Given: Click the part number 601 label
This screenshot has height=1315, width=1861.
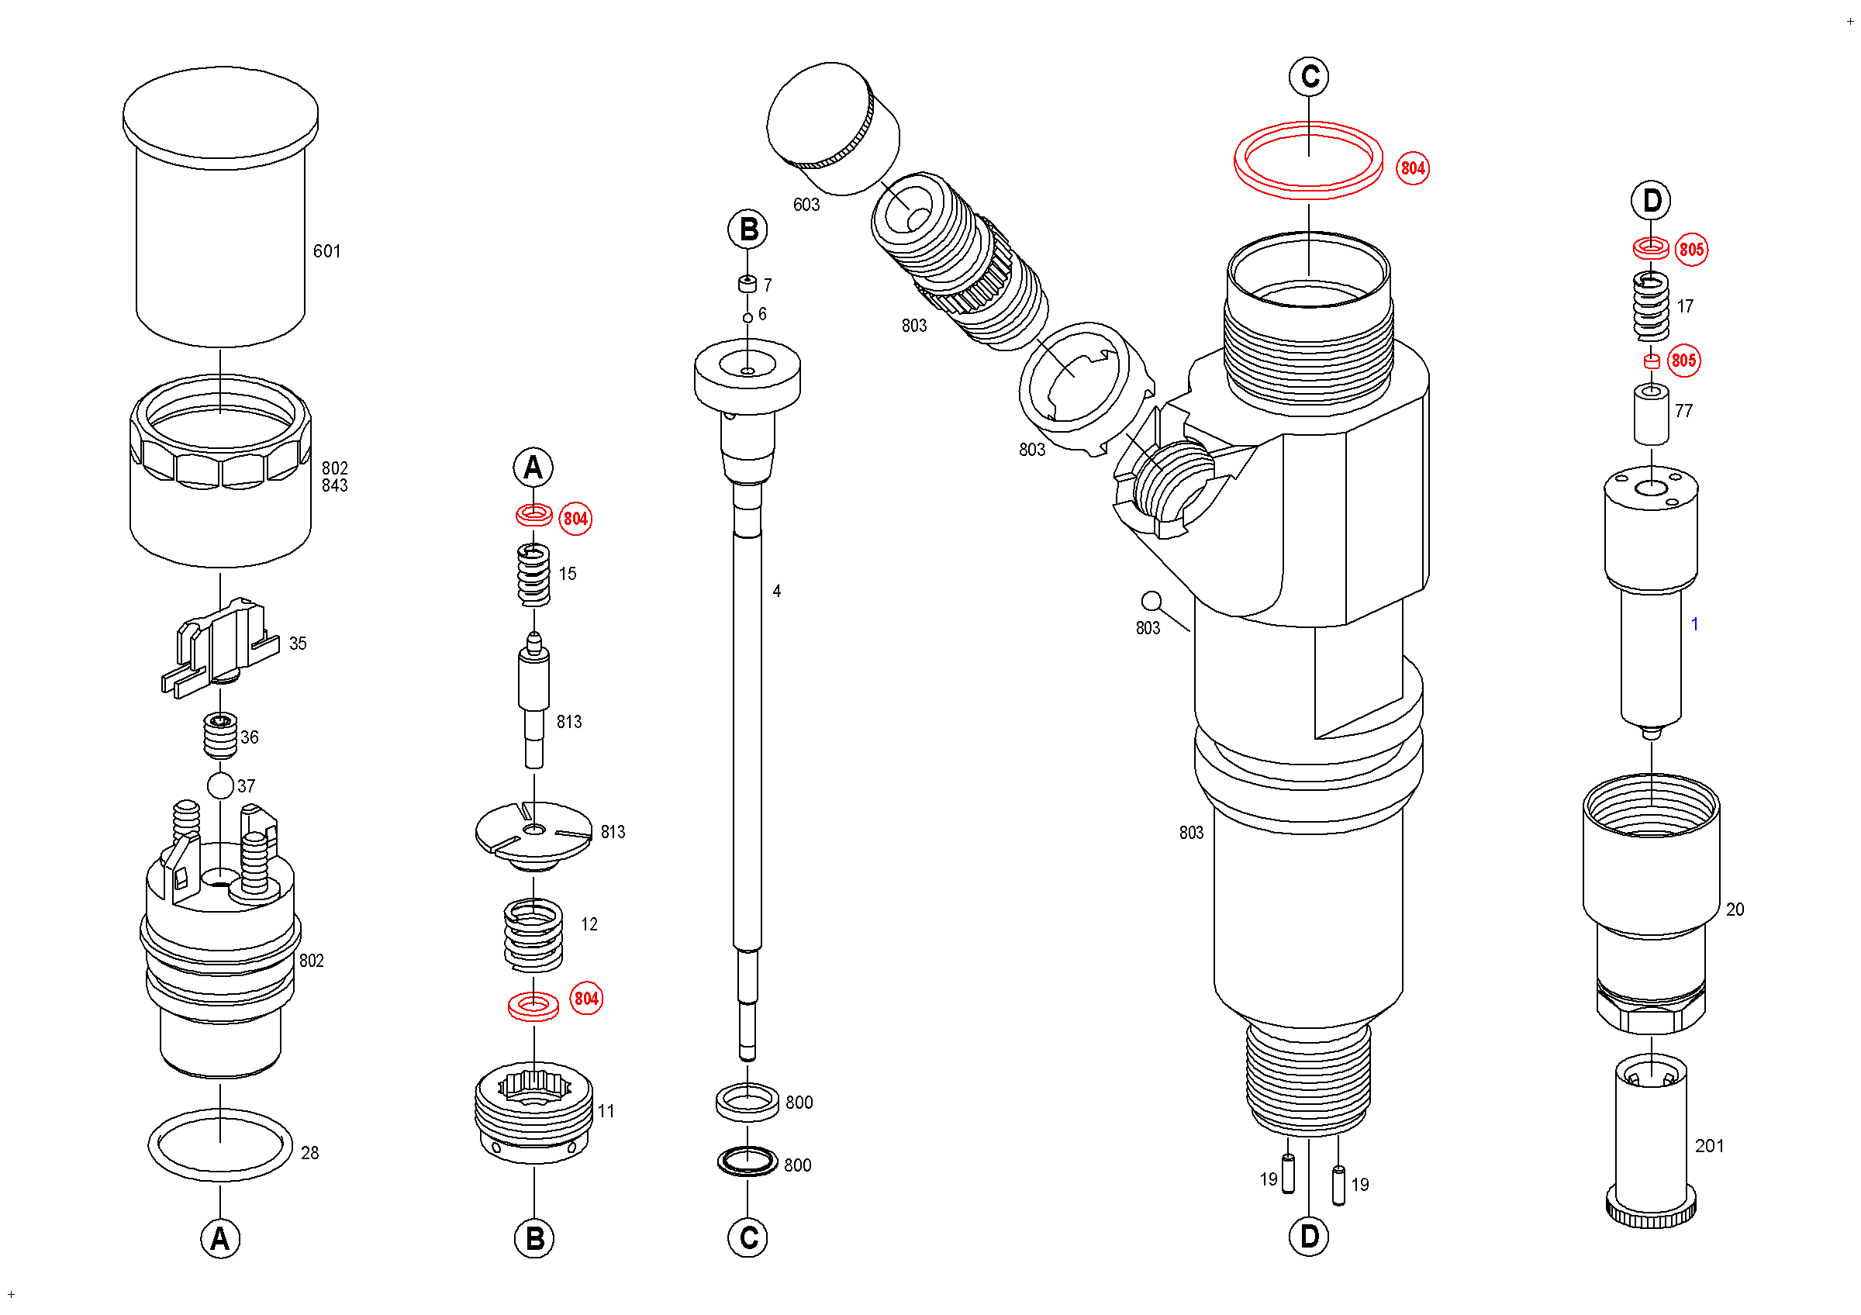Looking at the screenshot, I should click(x=326, y=251).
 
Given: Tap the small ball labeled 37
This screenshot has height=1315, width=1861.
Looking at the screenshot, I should click(x=220, y=785).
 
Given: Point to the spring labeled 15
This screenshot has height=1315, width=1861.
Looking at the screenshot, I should click(x=533, y=575).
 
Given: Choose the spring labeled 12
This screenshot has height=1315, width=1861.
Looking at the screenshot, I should click(x=533, y=935).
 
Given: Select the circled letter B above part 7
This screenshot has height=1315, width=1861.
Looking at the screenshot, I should click(x=748, y=230).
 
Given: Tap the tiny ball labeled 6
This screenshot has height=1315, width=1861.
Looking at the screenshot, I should click(x=748, y=318).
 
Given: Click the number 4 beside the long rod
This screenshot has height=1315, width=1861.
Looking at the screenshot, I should click(x=776, y=592).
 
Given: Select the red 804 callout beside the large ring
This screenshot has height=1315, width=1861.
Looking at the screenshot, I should click(x=1413, y=167).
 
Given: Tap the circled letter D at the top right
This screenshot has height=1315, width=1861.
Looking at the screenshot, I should click(x=1651, y=200).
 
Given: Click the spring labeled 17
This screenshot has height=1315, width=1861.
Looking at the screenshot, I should click(x=1650, y=306).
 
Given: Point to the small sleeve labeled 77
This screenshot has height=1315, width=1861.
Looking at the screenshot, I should click(x=1650, y=414).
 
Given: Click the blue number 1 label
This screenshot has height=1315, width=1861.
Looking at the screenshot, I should click(x=1694, y=624).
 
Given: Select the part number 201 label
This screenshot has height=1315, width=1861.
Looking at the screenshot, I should click(x=1708, y=1146).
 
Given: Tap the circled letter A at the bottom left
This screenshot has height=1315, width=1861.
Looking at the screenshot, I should click(x=219, y=1239).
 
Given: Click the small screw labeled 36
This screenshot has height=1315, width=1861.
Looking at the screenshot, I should click(x=220, y=735).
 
